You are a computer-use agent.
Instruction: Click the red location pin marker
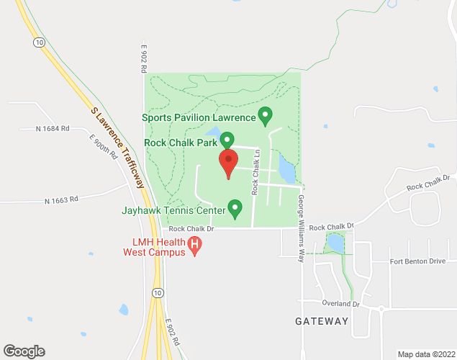tap(228, 163)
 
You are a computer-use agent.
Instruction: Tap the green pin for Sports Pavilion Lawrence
tap(265, 115)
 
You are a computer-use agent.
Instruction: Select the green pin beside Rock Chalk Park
tap(227, 140)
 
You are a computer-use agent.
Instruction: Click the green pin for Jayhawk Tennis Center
tap(234, 208)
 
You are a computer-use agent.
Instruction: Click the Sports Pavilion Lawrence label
tap(199, 117)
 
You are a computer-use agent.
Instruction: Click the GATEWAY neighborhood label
tap(321, 321)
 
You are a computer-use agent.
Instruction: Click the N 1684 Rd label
tap(52, 129)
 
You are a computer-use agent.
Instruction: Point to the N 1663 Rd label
tap(60, 201)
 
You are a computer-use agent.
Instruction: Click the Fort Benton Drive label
tap(419, 261)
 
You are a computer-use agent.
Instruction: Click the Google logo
tap(23, 351)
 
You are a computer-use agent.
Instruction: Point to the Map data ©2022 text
tap(425, 354)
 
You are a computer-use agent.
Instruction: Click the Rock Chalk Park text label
tap(181, 143)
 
